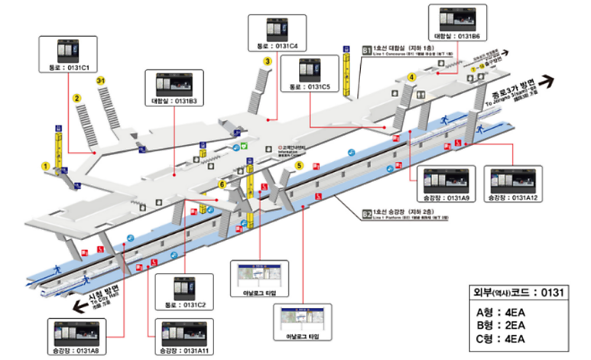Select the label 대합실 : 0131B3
pyautogui.click(x=175, y=101)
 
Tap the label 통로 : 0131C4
pyautogui.click(x=278, y=47)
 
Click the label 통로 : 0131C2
pyautogui.click(x=184, y=305)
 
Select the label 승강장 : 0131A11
pyautogui.click(x=182, y=350)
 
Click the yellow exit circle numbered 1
pyautogui.click(x=46, y=165)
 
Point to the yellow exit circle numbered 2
pyautogui.click(x=76, y=98)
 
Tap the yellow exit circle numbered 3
pyautogui.click(x=267, y=62)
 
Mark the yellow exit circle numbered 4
pyautogui.click(x=411, y=76)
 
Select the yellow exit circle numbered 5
pyautogui.click(x=299, y=164)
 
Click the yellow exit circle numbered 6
pyautogui.click(x=222, y=184)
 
